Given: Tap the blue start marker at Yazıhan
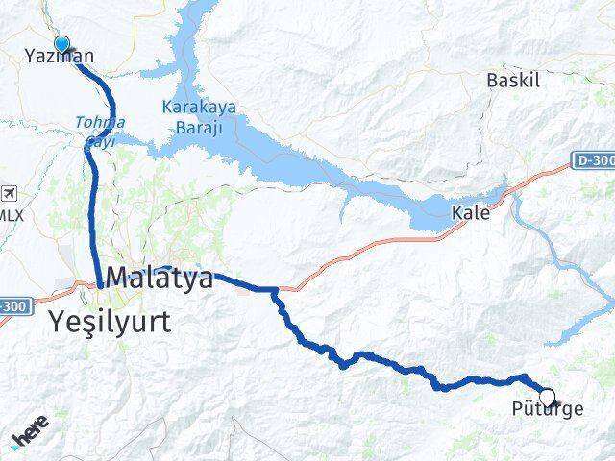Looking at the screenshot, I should pyautogui.click(x=62, y=43).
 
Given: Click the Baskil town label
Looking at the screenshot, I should pyautogui.click(x=509, y=79).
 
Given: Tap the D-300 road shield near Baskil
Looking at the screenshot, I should pyautogui.click(x=594, y=160).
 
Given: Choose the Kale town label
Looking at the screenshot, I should pyautogui.click(x=471, y=213).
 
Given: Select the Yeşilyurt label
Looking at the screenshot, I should pyautogui.click(x=113, y=322).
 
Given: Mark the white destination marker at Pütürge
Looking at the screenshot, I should pyautogui.click(x=547, y=397).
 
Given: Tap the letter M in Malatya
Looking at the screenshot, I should pyautogui.click(x=118, y=279).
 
